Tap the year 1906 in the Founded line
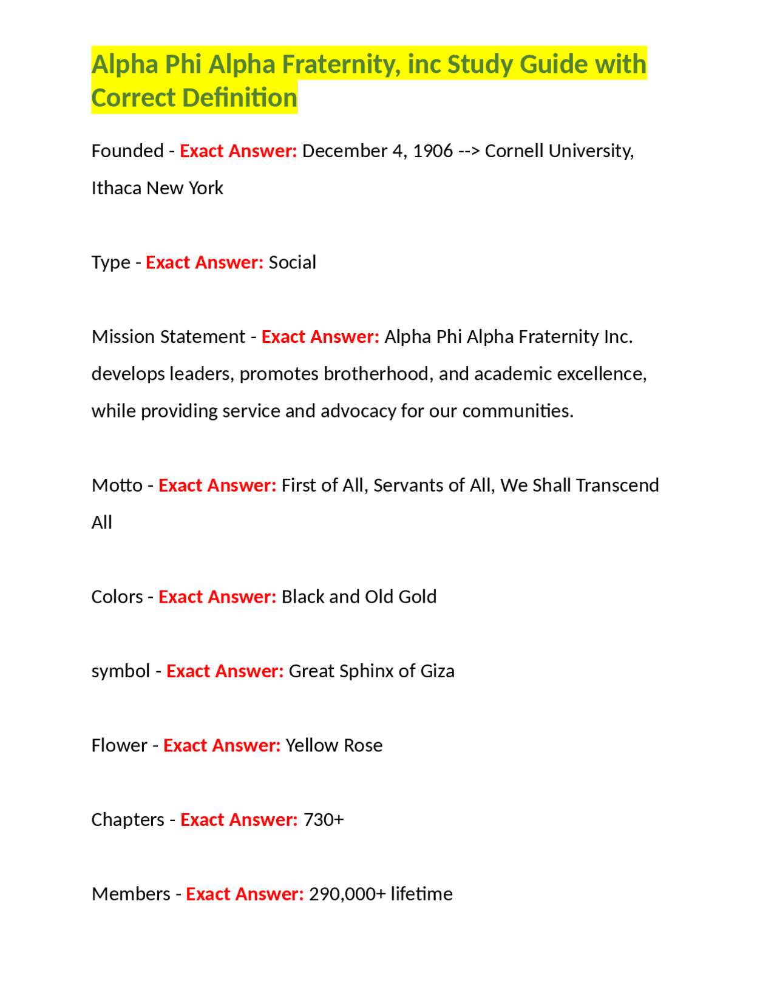(432, 151)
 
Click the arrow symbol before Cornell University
(469, 151)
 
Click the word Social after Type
(292, 263)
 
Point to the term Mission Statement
(168, 337)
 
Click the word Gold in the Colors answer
(417, 597)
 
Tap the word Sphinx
(367, 671)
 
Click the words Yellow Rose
(334, 746)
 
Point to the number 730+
(323, 820)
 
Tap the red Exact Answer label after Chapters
(239, 820)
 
